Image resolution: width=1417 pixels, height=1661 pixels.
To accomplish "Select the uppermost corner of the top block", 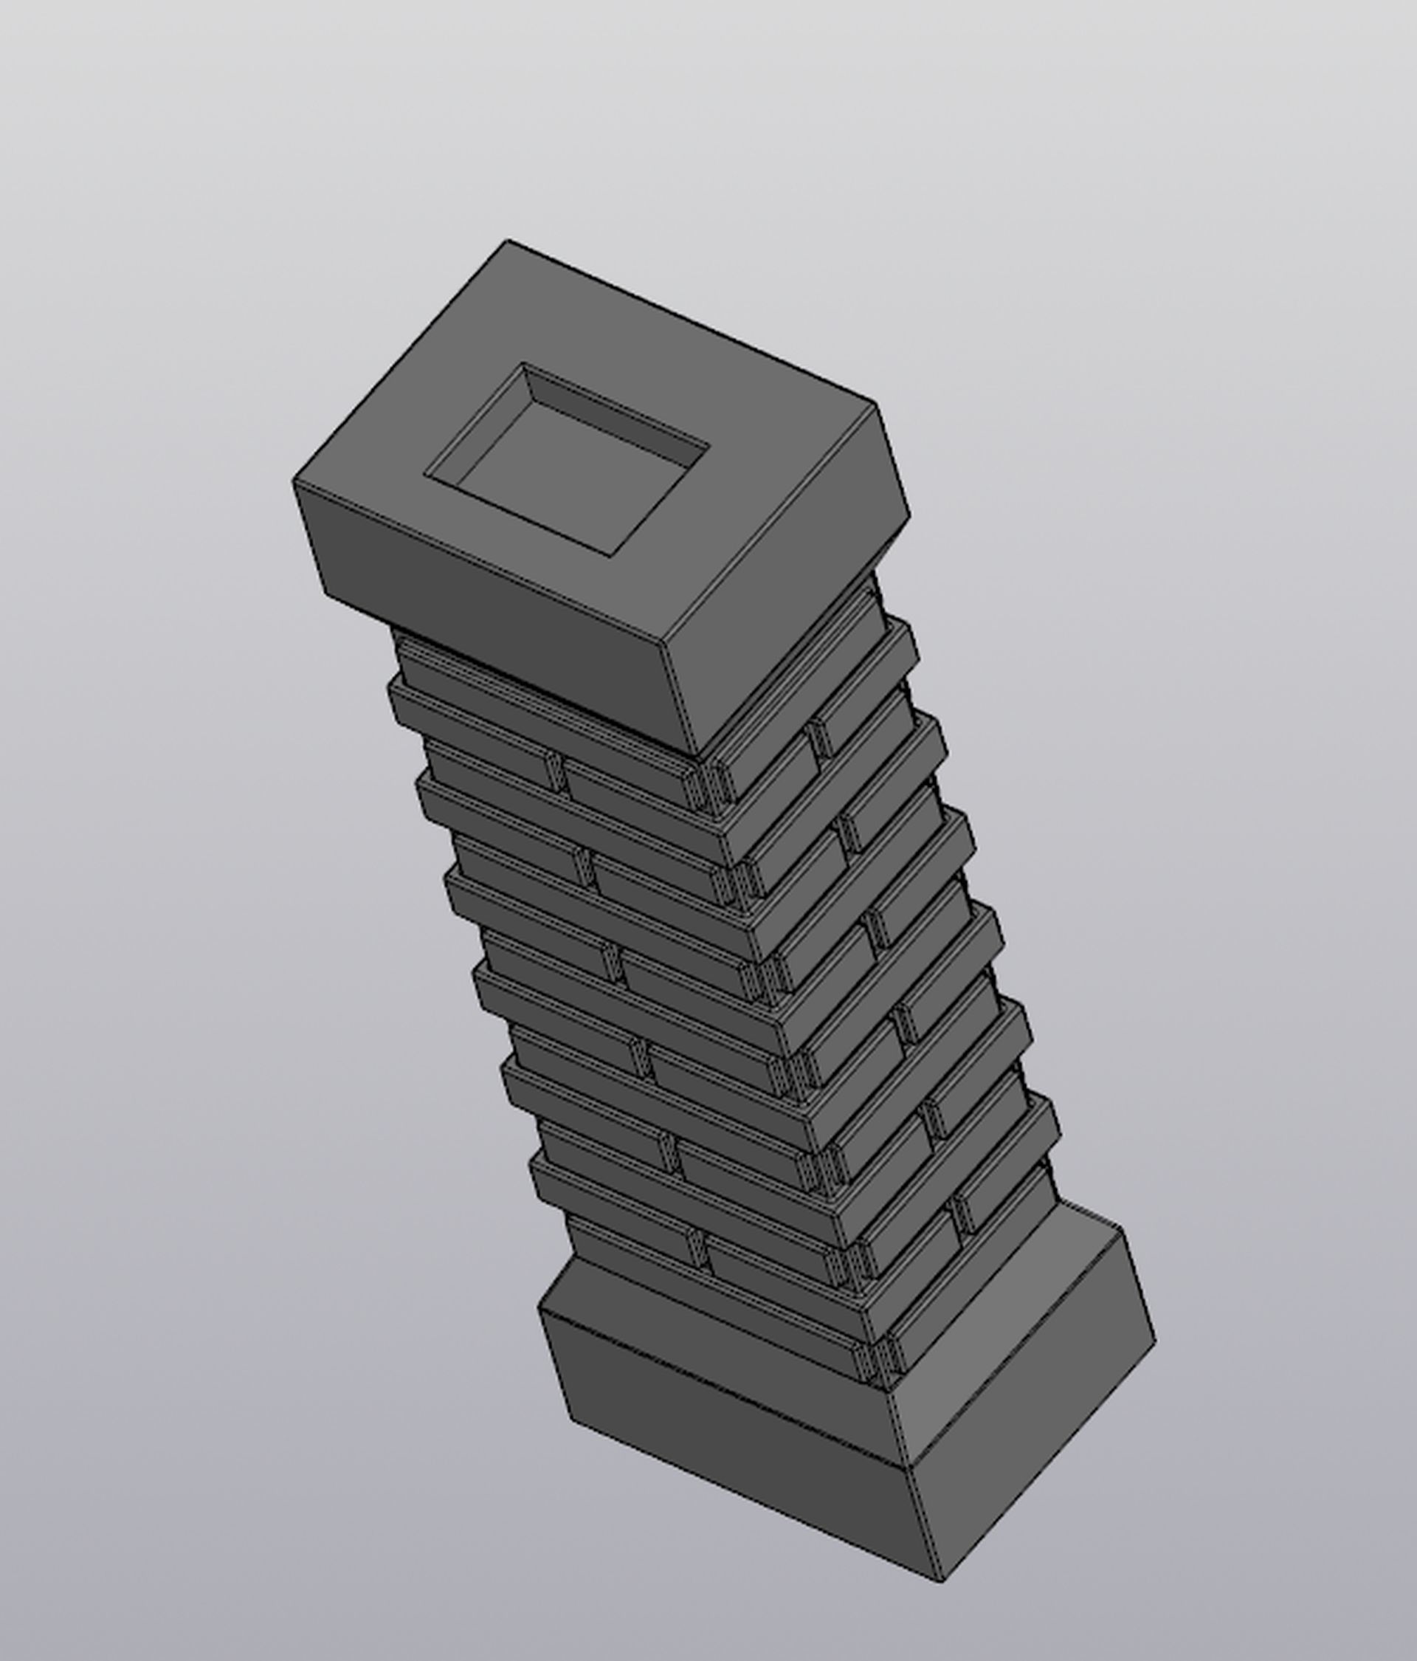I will [x=506, y=240].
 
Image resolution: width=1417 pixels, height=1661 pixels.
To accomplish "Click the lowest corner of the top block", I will [x=699, y=755].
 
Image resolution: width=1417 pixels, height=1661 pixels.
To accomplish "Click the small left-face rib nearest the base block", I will [x=697, y=1248].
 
